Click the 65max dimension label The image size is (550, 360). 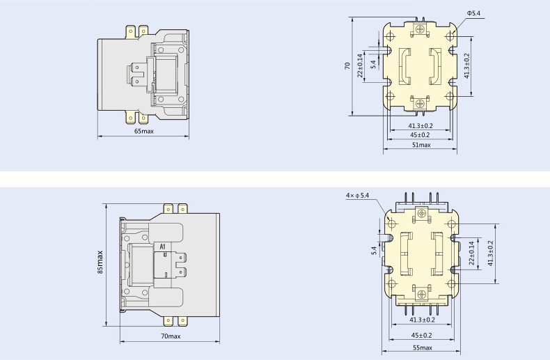[144, 131]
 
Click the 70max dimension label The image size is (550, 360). [171, 336]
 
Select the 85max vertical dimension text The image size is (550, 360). [100, 262]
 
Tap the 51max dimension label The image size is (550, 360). [421, 145]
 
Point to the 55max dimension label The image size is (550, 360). [423, 347]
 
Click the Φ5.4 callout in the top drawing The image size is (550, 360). [473, 13]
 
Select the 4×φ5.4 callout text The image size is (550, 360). [357, 196]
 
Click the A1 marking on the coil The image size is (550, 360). [162, 247]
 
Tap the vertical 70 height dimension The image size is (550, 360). [347, 65]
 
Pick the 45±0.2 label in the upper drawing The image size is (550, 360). [420, 134]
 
